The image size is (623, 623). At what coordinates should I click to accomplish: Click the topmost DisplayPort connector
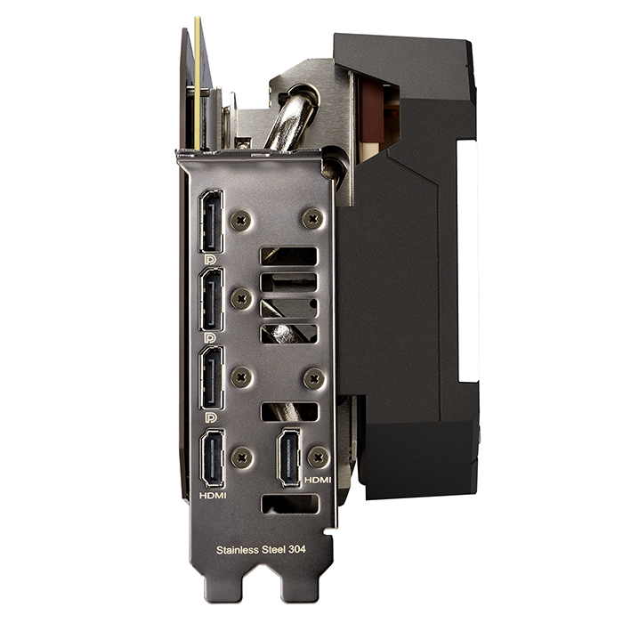(x=211, y=222)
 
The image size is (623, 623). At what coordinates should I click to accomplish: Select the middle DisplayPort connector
(x=212, y=300)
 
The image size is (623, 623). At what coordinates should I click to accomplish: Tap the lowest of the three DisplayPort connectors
(x=212, y=378)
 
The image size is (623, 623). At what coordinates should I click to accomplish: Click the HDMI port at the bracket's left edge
(x=213, y=458)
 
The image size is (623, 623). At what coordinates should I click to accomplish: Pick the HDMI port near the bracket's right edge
(x=289, y=457)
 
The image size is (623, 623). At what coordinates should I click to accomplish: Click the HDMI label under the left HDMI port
(x=213, y=496)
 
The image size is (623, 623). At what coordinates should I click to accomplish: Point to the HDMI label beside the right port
(x=318, y=480)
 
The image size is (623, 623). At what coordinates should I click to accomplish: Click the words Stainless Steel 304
(x=261, y=550)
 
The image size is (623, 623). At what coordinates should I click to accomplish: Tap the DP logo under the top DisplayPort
(x=210, y=260)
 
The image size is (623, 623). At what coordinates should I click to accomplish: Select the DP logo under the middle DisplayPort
(x=210, y=338)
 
